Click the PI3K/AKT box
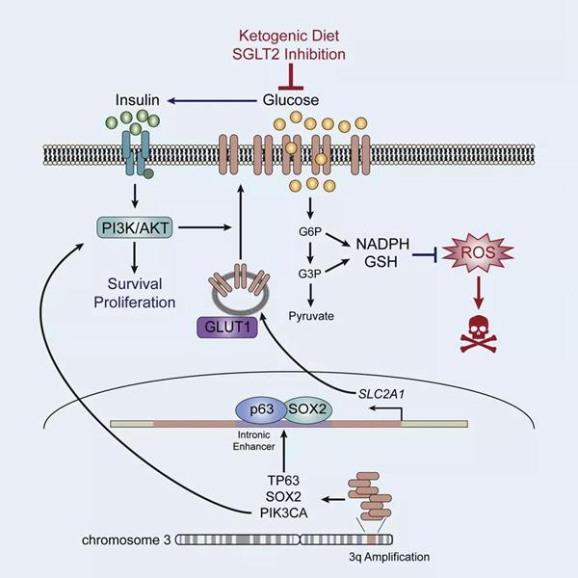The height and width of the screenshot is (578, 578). [x=135, y=227]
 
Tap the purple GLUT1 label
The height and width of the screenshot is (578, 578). [x=227, y=328]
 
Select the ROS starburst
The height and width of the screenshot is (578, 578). [x=478, y=252]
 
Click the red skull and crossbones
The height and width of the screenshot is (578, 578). [x=479, y=334]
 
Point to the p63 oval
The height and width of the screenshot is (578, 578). [x=262, y=410]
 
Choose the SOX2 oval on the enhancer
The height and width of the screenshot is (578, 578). [x=308, y=410]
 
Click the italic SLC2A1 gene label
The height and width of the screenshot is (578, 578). [x=381, y=394]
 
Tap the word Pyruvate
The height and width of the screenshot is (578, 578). [x=311, y=316]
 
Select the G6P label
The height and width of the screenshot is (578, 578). [x=310, y=232]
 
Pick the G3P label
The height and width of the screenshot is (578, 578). [x=309, y=274]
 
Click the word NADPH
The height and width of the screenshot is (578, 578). [x=382, y=244]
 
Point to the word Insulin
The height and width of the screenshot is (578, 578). [x=138, y=100]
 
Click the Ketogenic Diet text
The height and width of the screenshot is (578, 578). [x=289, y=36]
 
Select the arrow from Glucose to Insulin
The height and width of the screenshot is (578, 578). [x=212, y=100]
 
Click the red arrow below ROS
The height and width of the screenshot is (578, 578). [x=479, y=293]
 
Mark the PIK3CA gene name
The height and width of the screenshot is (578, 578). [x=283, y=513]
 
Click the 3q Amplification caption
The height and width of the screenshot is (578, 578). [x=389, y=557]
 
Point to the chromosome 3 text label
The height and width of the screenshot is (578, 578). [x=126, y=540]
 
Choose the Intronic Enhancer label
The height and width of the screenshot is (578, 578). [x=254, y=441]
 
